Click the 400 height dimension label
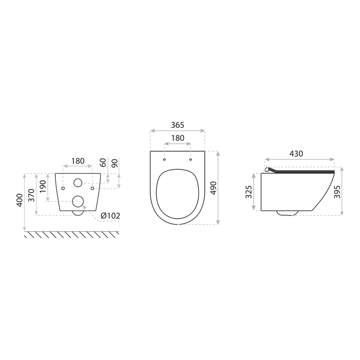(x=20, y=200)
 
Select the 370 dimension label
(x=31, y=195)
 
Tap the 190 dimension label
(x=43, y=187)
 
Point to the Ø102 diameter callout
(x=110, y=216)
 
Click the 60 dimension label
(x=103, y=162)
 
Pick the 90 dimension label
(x=115, y=163)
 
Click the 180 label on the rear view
(x=78, y=161)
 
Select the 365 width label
(x=177, y=125)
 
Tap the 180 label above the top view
(x=178, y=138)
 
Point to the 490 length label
(x=213, y=188)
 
